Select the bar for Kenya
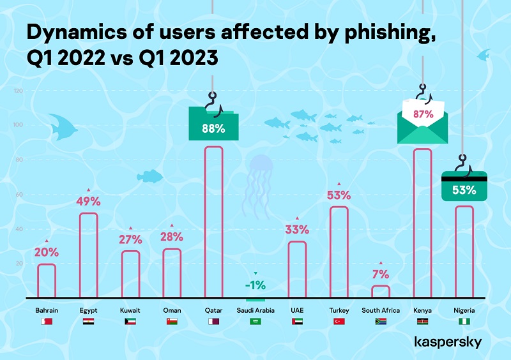pyautogui.click(x=422, y=223)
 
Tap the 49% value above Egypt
pyautogui.click(x=89, y=202)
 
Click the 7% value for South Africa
pyautogui.click(x=381, y=274)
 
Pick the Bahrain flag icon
pyautogui.click(x=47, y=322)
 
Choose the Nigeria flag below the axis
pyautogui.click(x=464, y=322)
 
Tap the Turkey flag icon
pyautogui.click(x=339, y=322)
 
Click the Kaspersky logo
pyautogui.click(x=448, y=343)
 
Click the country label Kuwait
pyautogui.click(x=130, y=310)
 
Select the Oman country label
pyautogui.click(x=172, y=310)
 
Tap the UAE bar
pyautogui.click(x=297, y=269)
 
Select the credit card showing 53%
pyautogui.click(x=464, y=186)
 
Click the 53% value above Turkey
pyautogui.click(x=339, y=195)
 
